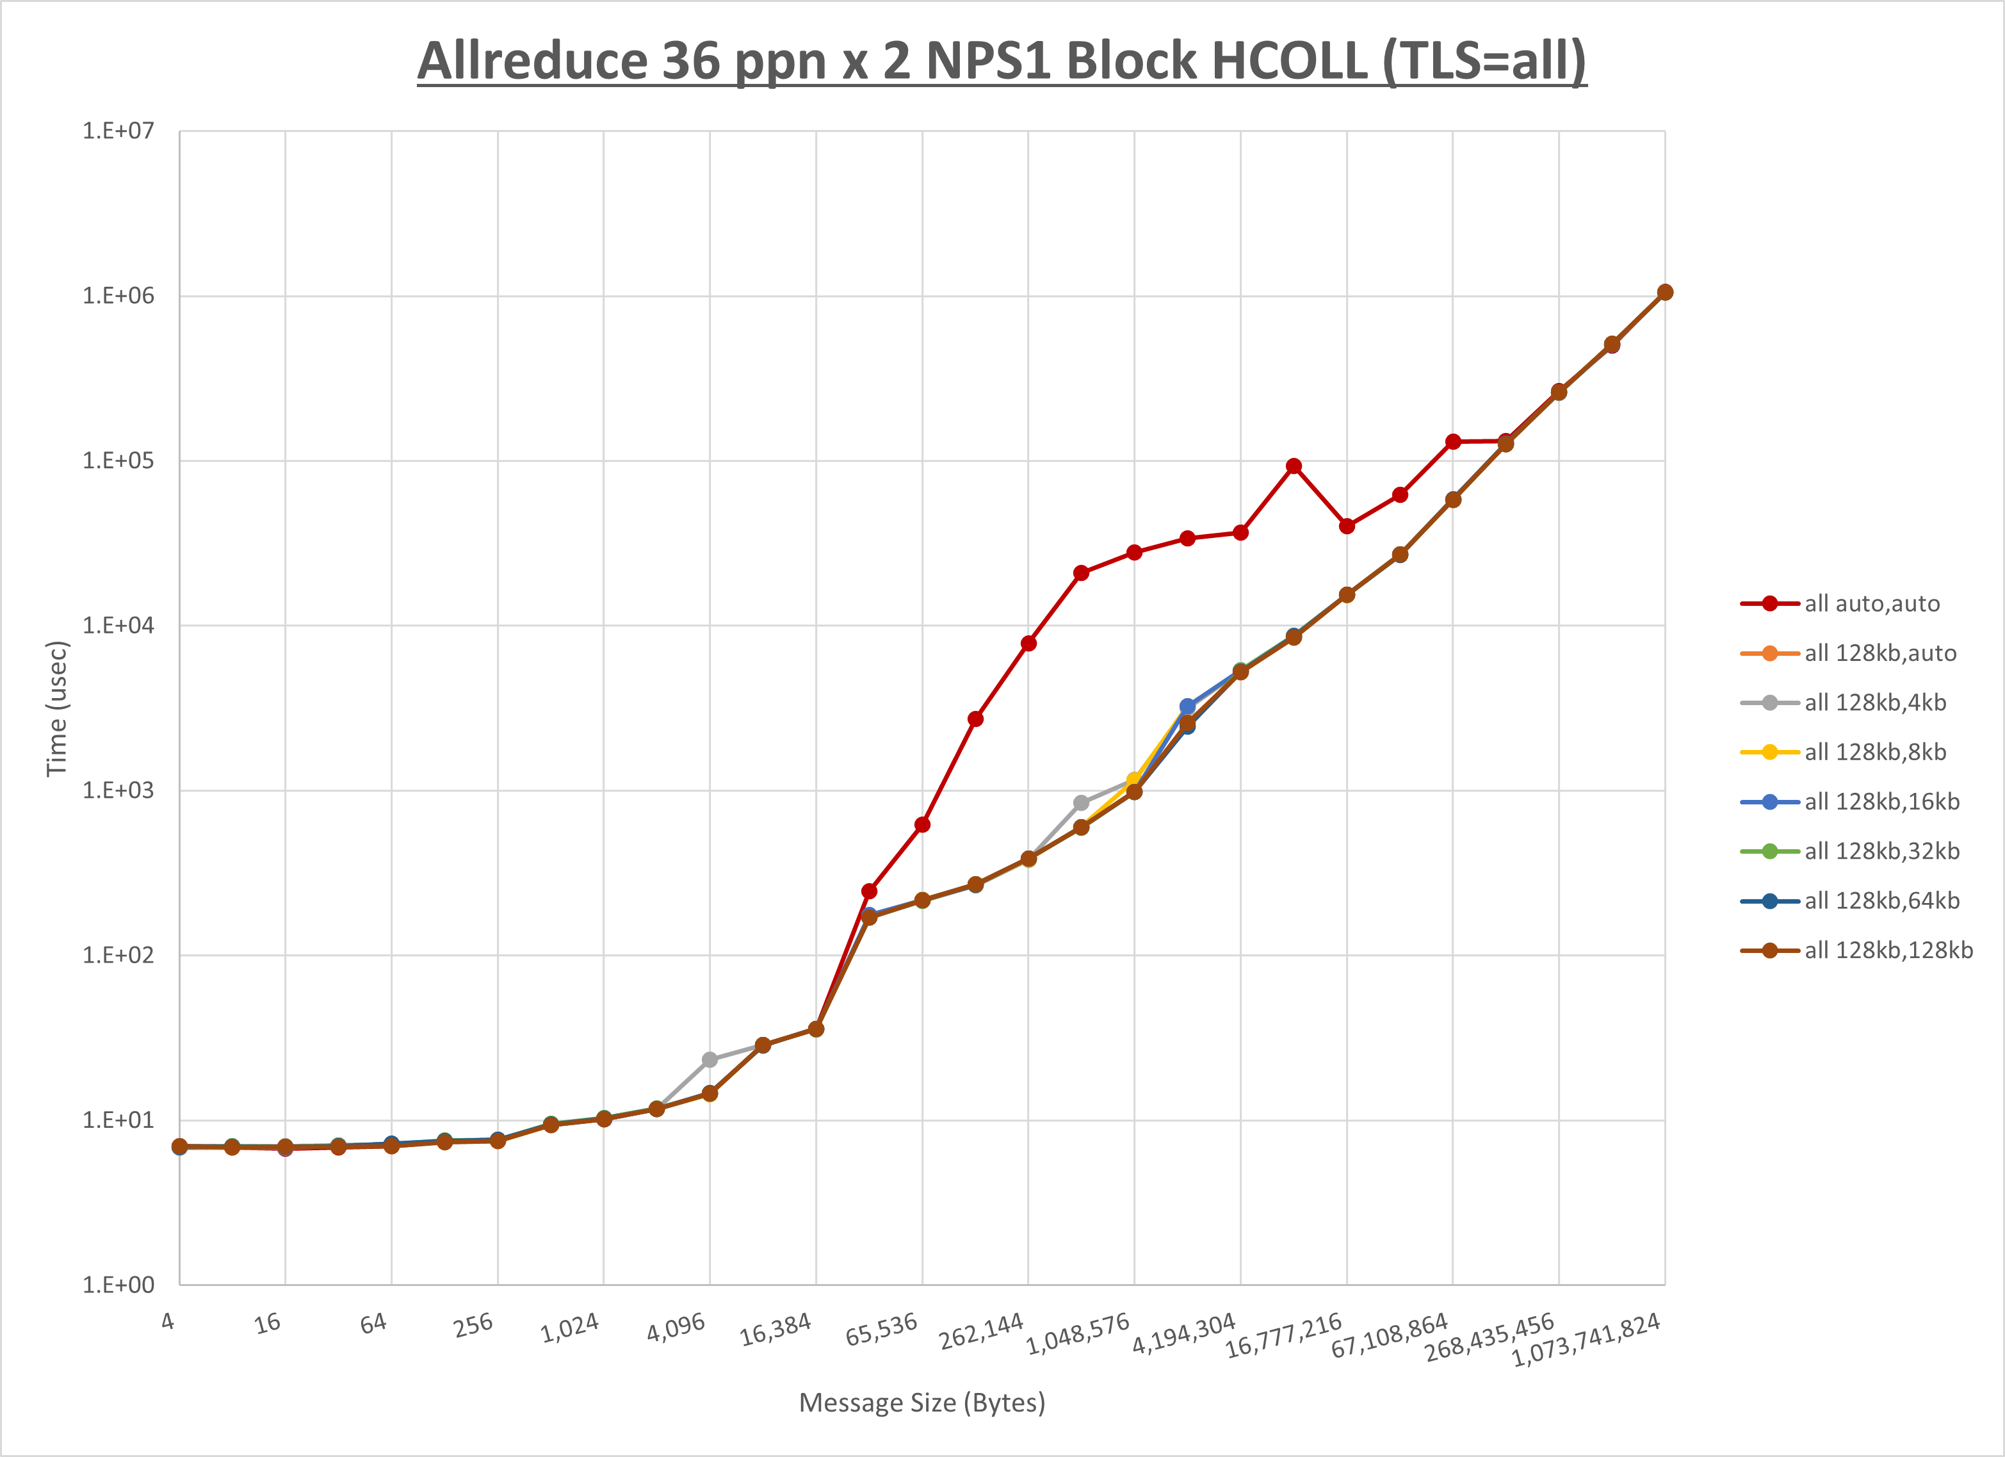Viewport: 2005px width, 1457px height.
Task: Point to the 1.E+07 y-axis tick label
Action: (x=118, y=131)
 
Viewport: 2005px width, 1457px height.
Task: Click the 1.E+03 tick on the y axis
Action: (x=118, y=790)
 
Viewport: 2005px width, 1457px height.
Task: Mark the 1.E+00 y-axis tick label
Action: (x=118, y=1285)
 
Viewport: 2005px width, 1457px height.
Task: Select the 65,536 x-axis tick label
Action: (x=881, y=1330)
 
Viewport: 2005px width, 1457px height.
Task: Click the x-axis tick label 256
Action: (x=473, y=1325)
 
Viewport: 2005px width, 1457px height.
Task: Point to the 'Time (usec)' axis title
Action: (x=56, y=708)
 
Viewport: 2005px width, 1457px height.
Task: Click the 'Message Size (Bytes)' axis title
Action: (x=922, y=1403)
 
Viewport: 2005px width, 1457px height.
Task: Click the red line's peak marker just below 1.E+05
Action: (x=1294, y=466)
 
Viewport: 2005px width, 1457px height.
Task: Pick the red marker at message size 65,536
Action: (x=922, y=825)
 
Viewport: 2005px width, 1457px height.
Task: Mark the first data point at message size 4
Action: (x=179, y=1146)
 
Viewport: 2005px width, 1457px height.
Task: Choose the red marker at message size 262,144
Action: (x=1028, y=644)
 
